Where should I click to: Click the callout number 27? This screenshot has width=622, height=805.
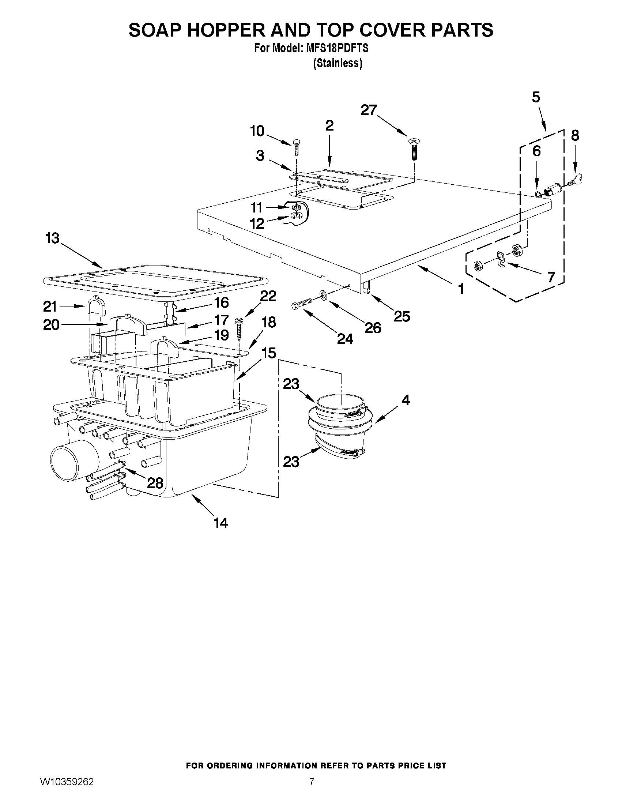pos(369,110)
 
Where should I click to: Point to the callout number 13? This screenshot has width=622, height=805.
pos(52,238)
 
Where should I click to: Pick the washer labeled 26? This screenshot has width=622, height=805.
pos(323,294)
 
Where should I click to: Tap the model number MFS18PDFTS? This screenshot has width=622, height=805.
pos(337,48)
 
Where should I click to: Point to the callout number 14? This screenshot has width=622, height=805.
pos(221,523)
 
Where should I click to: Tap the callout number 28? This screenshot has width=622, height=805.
pos(155,483)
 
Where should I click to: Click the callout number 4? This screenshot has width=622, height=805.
pos(405,400)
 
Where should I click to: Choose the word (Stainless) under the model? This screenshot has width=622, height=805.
pos(338,63)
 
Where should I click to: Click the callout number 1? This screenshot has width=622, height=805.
pos(461,289)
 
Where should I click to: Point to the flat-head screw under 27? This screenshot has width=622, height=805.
pos(414,150)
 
